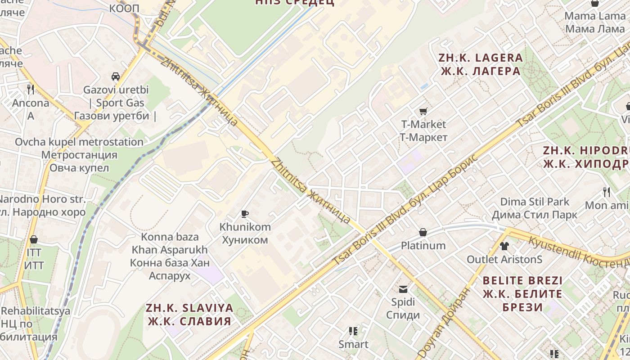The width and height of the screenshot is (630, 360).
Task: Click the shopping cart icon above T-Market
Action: pos(423,111)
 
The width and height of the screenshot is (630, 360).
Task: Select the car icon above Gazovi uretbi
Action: pos(116,76)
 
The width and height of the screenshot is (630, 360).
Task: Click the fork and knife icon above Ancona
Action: pos(31,90)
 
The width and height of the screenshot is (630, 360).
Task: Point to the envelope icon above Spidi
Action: pos(403,289)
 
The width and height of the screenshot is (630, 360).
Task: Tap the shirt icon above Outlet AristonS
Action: pos(504,246)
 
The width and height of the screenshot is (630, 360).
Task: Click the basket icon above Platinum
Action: pos(423,232)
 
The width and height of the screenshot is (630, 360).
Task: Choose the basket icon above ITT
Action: pos(34,239)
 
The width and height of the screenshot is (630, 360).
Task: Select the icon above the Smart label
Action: pos(353,331)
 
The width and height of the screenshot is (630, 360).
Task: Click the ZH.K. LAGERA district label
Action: pos(481,64)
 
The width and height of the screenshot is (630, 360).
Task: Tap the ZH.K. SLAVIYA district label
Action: pos(189,315)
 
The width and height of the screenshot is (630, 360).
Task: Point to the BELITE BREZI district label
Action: pos(522,294)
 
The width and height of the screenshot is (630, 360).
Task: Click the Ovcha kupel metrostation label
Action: pos(79,155)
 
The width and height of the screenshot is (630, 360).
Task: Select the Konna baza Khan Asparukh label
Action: pos(170,256)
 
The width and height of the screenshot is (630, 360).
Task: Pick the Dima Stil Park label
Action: pos(535,208)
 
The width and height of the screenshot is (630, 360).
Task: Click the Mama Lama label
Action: pos(595,22)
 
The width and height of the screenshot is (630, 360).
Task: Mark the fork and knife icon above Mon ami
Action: pos(607,192)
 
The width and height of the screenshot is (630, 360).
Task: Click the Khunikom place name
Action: pos(245,233)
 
